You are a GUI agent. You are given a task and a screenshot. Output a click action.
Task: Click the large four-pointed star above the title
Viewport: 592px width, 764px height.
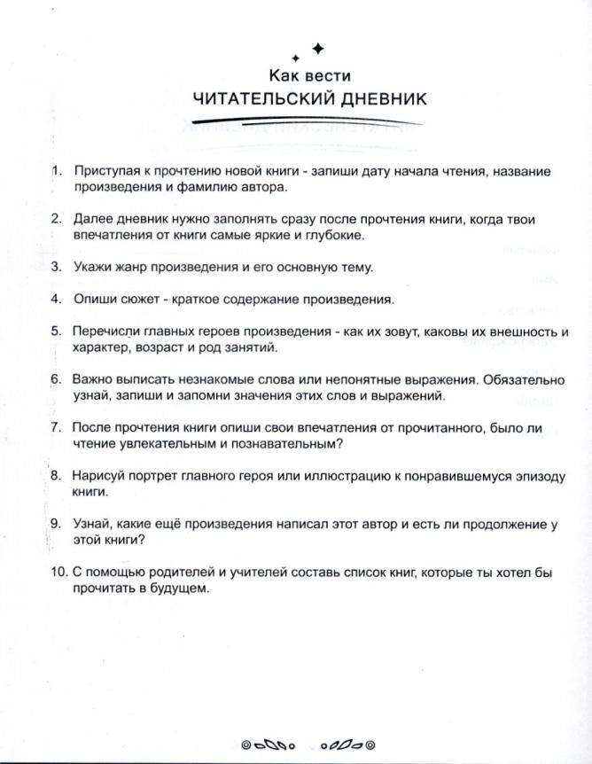(x=319, y=48)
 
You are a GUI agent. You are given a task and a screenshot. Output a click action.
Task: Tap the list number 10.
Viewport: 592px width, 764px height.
(x=58, y=573)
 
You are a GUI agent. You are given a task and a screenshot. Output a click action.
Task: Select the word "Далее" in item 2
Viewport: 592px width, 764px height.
(x=93, y=219)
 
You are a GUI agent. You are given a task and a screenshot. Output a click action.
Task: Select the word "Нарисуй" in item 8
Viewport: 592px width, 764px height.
(x=99, y=476)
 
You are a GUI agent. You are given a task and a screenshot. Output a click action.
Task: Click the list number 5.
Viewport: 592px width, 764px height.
(x=56, y=331)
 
